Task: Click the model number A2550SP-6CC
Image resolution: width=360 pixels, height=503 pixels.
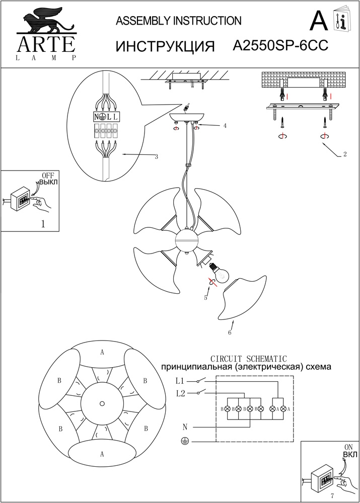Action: (x=281, y=46)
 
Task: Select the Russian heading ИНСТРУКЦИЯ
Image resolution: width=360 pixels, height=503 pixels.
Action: (x=166, y=46)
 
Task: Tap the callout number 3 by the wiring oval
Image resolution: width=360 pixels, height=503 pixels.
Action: (x=157, y=157)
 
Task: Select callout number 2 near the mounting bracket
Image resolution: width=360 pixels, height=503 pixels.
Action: (x=344, y=154)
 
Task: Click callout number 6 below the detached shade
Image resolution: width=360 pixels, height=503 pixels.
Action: (x=230, y=332)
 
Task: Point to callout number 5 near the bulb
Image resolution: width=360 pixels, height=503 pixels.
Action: (x=205, y=298)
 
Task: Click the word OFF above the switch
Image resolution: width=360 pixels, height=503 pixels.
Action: (x=47, y=175)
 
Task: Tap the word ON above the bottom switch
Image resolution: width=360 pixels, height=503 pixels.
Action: (x=348, y=447)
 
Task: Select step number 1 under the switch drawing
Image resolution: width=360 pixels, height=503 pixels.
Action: (x=43, y=224)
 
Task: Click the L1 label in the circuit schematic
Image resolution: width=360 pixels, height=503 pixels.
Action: (x=180, y=381)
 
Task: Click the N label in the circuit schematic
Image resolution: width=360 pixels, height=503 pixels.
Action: (x=185, y=427)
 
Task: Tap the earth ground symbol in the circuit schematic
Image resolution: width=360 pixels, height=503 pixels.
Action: (x=184, y=441)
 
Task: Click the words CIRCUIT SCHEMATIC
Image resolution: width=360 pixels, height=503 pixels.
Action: (x=248, y=359)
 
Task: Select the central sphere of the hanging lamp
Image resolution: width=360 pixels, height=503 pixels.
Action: (x=187, y=241)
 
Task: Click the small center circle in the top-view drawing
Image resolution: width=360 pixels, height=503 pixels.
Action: (x=102, y=403)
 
